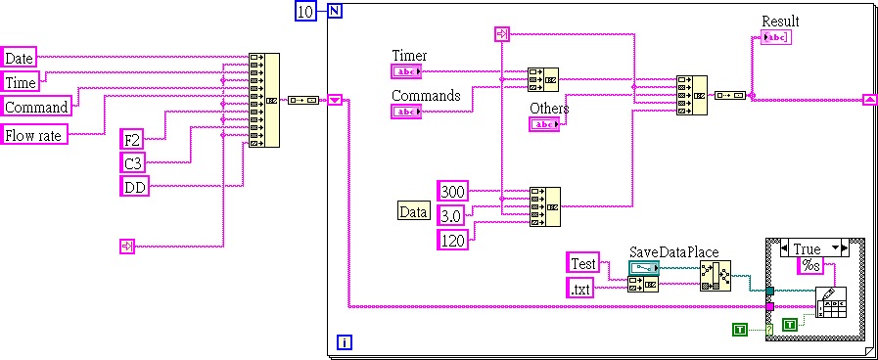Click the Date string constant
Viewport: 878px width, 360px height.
(19, 58)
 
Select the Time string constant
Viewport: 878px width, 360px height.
(21, 82)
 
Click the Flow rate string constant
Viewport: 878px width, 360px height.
(35, 135)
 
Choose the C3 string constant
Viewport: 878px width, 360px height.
(132, 162)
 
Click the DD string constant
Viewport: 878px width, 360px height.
(134, 186)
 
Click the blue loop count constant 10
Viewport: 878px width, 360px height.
(305, 11)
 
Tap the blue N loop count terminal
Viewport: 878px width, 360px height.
(335, 11)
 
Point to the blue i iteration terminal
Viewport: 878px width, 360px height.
(344, 341)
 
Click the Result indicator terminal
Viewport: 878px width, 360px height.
(775, 38)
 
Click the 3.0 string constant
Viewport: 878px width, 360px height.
(450, 213)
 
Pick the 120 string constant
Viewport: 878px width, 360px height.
(451, 237)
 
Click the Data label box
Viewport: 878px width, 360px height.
(413, 210)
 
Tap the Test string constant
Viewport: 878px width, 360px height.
(583, 262)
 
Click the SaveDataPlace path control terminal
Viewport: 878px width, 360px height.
(645, 267)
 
